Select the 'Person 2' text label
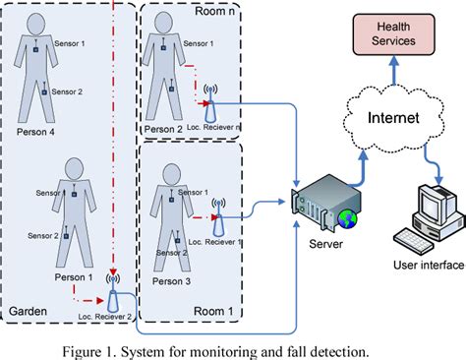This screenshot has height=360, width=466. click(x=161, y=128)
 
